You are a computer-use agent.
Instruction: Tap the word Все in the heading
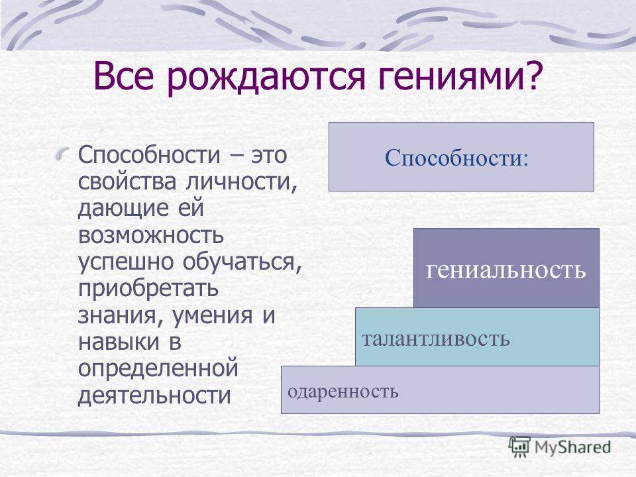coord(124,76)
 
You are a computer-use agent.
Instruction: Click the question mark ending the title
coord(533,75)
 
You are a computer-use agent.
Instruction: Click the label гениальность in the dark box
coord(505,270)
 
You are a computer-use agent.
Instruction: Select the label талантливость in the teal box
coord(435,339)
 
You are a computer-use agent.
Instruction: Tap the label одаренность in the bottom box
coord(343,392)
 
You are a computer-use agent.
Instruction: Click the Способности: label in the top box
coord(456,158)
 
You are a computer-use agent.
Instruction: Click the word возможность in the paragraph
coord(150,235)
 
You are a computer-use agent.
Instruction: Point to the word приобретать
coord(148,290)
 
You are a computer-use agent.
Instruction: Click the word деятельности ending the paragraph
coord(154,396)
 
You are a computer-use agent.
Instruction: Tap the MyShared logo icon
coord(519,447)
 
